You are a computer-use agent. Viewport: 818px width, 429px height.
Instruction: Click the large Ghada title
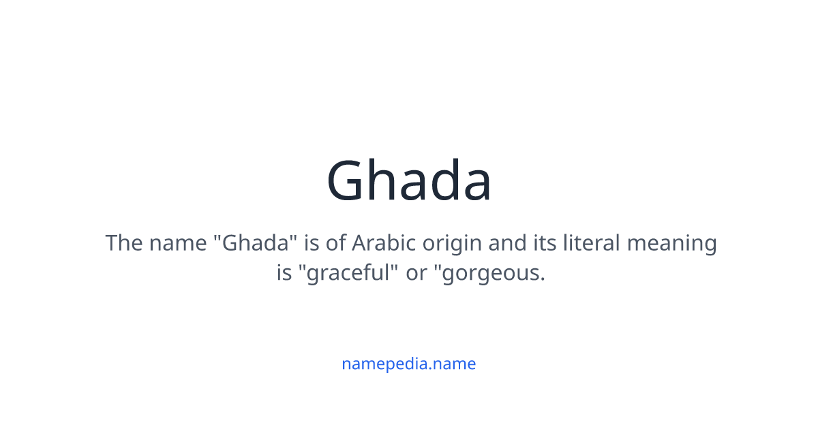click(x=409, y=181)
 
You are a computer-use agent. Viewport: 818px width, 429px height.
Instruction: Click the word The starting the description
click(x=123, y=243)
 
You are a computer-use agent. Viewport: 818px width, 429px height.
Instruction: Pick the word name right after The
click(x=179, y=243)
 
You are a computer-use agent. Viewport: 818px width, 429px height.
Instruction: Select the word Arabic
click(x=383, y=243)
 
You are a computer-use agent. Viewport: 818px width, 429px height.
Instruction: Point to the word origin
click(x=453, y=243)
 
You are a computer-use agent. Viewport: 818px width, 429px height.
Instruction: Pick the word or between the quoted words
click(x=416, y=273)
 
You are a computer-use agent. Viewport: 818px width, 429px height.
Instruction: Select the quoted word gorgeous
click(x=488, y=273)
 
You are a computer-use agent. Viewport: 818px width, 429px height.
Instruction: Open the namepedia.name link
click(x=409, y=364)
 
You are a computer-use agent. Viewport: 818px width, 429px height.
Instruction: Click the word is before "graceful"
click(x=284, y=273)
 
